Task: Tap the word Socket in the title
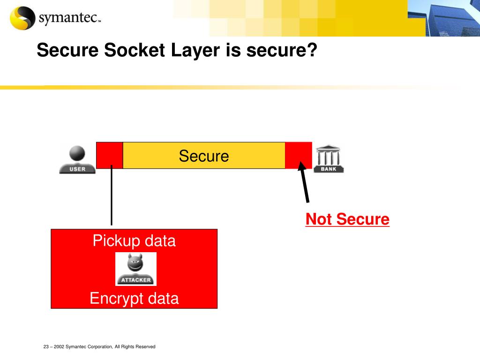[133, 50]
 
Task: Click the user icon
[77, 159]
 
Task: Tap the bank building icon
[329, 158]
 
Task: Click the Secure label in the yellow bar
[204, 156]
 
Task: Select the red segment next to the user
[109, 155]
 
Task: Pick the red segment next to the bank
[298, 155]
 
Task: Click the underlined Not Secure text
[347, 219]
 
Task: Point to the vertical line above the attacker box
[112, 197]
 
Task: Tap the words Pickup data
[134, 241]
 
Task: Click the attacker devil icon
[136, 269]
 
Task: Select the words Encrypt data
[134, 298]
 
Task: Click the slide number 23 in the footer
[46, 347]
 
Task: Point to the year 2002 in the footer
[59, 347]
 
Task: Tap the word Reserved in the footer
[145, 347]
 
